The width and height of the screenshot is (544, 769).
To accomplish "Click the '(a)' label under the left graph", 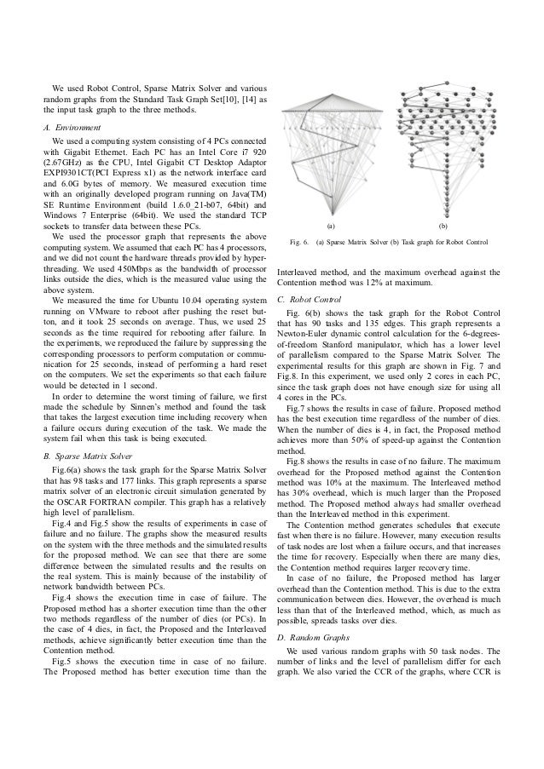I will click(332, 228).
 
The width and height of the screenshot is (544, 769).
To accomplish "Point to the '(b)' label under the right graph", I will click(442, 228).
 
